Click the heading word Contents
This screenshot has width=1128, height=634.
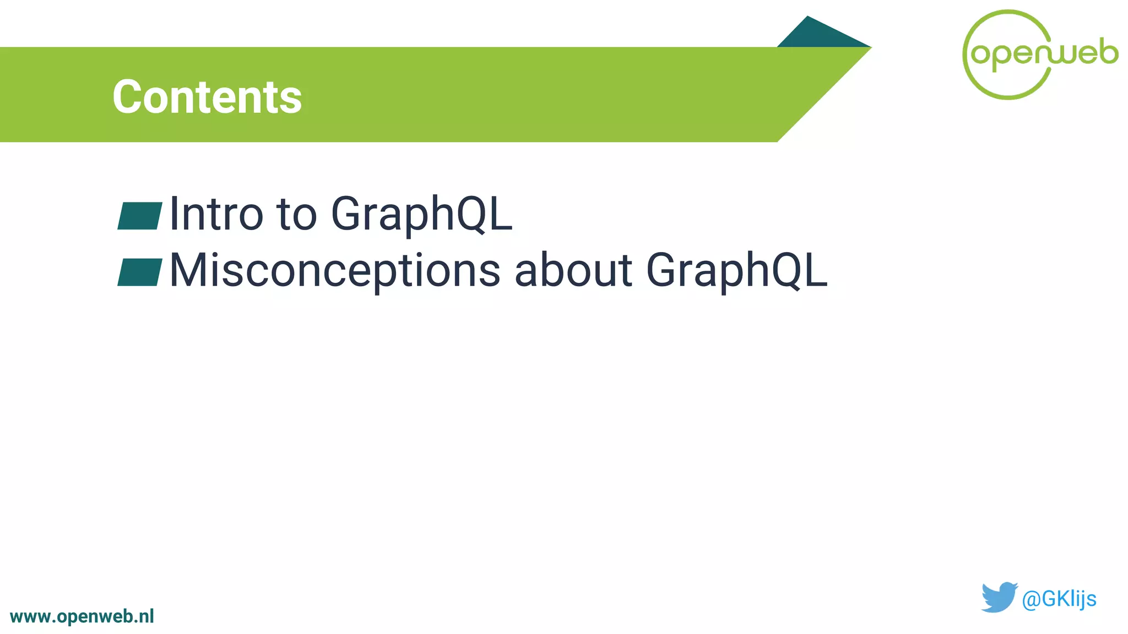207,97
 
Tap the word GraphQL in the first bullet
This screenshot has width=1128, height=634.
421,214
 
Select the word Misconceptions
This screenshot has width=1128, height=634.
334,270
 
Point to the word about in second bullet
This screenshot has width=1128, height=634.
573,270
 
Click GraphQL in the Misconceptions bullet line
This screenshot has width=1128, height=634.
736,270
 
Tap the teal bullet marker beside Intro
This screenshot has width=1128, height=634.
140,216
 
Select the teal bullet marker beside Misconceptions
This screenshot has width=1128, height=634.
140,272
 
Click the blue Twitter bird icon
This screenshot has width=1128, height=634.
998,597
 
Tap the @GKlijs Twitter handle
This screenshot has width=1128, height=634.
1059,598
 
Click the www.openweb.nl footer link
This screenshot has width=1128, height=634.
82,616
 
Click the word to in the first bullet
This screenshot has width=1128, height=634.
297,214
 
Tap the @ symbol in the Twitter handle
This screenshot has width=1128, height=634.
1030,599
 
